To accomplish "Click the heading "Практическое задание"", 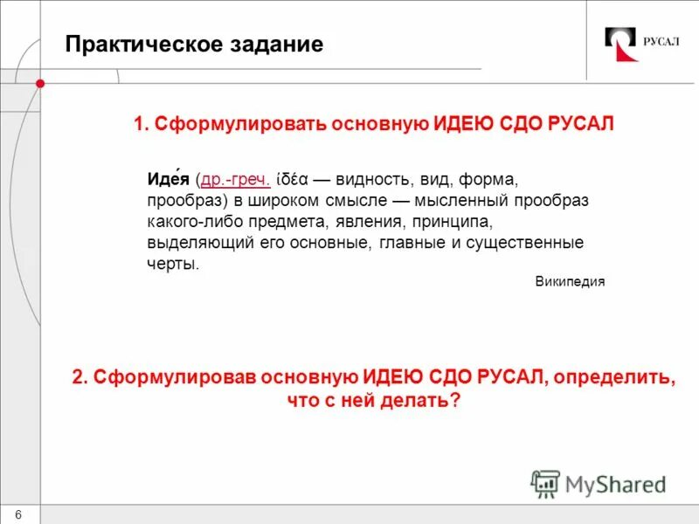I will tap(194, 45).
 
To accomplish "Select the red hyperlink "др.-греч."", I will tap(235, 180).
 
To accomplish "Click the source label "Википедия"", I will tap(569, 282).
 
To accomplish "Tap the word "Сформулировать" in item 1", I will tap(240, 124).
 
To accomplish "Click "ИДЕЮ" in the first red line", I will tap(461, 124).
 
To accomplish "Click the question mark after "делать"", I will tap(455, 401).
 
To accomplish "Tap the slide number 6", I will tap(19, 513).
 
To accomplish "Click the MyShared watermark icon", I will tap(545, 483).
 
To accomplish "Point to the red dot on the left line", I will tap(40, 83).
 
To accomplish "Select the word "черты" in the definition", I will tap(172, 264).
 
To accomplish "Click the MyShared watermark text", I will tap(616, 484).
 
